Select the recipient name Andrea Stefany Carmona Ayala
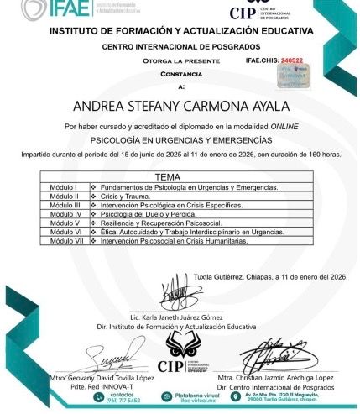click(180, 107)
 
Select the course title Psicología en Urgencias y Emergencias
click(180, 139)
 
